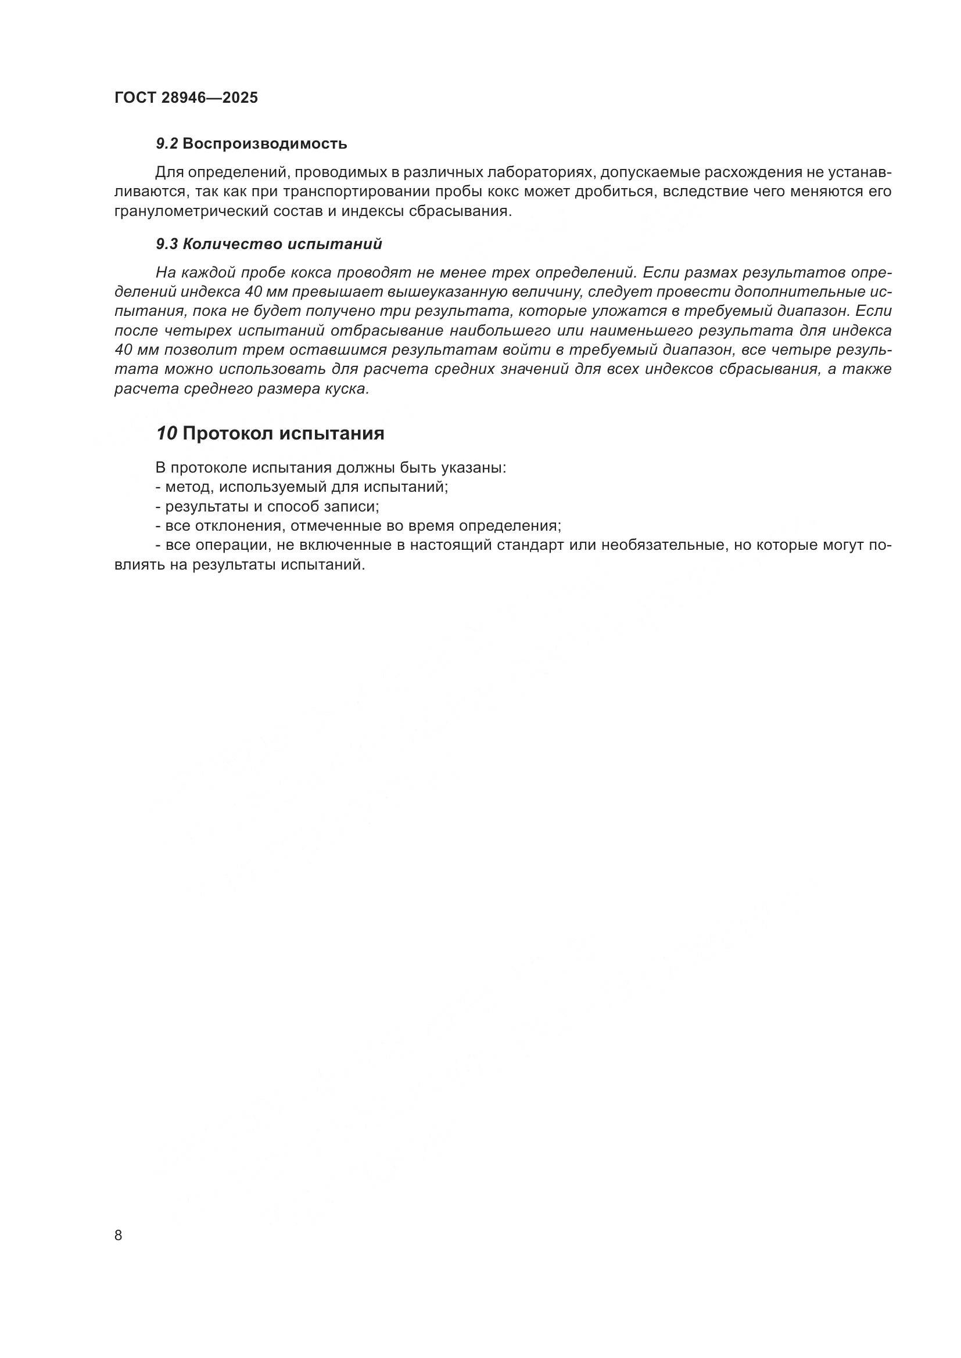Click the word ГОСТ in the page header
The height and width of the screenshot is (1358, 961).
(x=134, y=98)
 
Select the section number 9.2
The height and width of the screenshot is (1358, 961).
(x=167, y=144)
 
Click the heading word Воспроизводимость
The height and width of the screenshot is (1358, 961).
(x=265, y=144)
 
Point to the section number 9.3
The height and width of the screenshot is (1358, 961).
(x=167, y=244)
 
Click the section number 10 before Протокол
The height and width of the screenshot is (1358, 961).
(x=166, y=434)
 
